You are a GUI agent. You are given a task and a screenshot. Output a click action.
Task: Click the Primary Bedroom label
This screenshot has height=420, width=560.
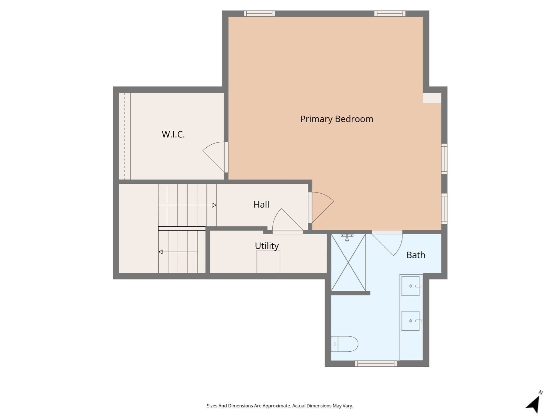click(x=336, y=119)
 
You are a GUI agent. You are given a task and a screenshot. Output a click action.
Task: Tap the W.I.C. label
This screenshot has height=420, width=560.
click(x=173, y=134)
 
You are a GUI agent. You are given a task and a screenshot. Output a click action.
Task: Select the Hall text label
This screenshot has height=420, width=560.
click(x=261, y=205)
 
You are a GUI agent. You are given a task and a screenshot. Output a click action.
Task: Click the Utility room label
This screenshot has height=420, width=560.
click(x=267, y=246)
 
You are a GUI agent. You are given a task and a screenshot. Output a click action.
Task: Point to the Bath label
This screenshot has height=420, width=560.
click(x=416, y=255)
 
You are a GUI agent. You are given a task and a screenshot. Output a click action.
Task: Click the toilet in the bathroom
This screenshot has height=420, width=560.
click(x=345, y=344)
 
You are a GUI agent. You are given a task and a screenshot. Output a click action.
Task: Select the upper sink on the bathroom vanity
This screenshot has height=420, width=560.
click(x=410, y=286)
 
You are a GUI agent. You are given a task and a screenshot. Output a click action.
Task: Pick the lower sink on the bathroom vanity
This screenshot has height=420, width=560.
click(x=410, y=321)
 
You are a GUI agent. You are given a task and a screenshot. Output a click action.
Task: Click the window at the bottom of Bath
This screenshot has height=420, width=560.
click(x=376, y=364)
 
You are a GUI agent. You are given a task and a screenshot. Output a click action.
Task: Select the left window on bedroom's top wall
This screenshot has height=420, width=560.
click(x=259, y=14)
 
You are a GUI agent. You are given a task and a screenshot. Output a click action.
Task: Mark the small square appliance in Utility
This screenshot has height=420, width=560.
click(x=268, y=262)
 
